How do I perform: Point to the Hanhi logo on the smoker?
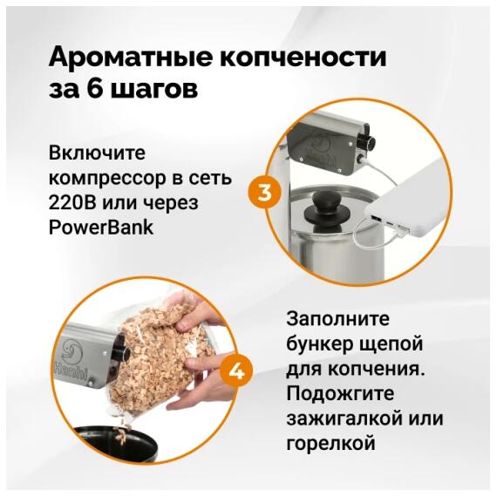(x=70, y=362)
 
